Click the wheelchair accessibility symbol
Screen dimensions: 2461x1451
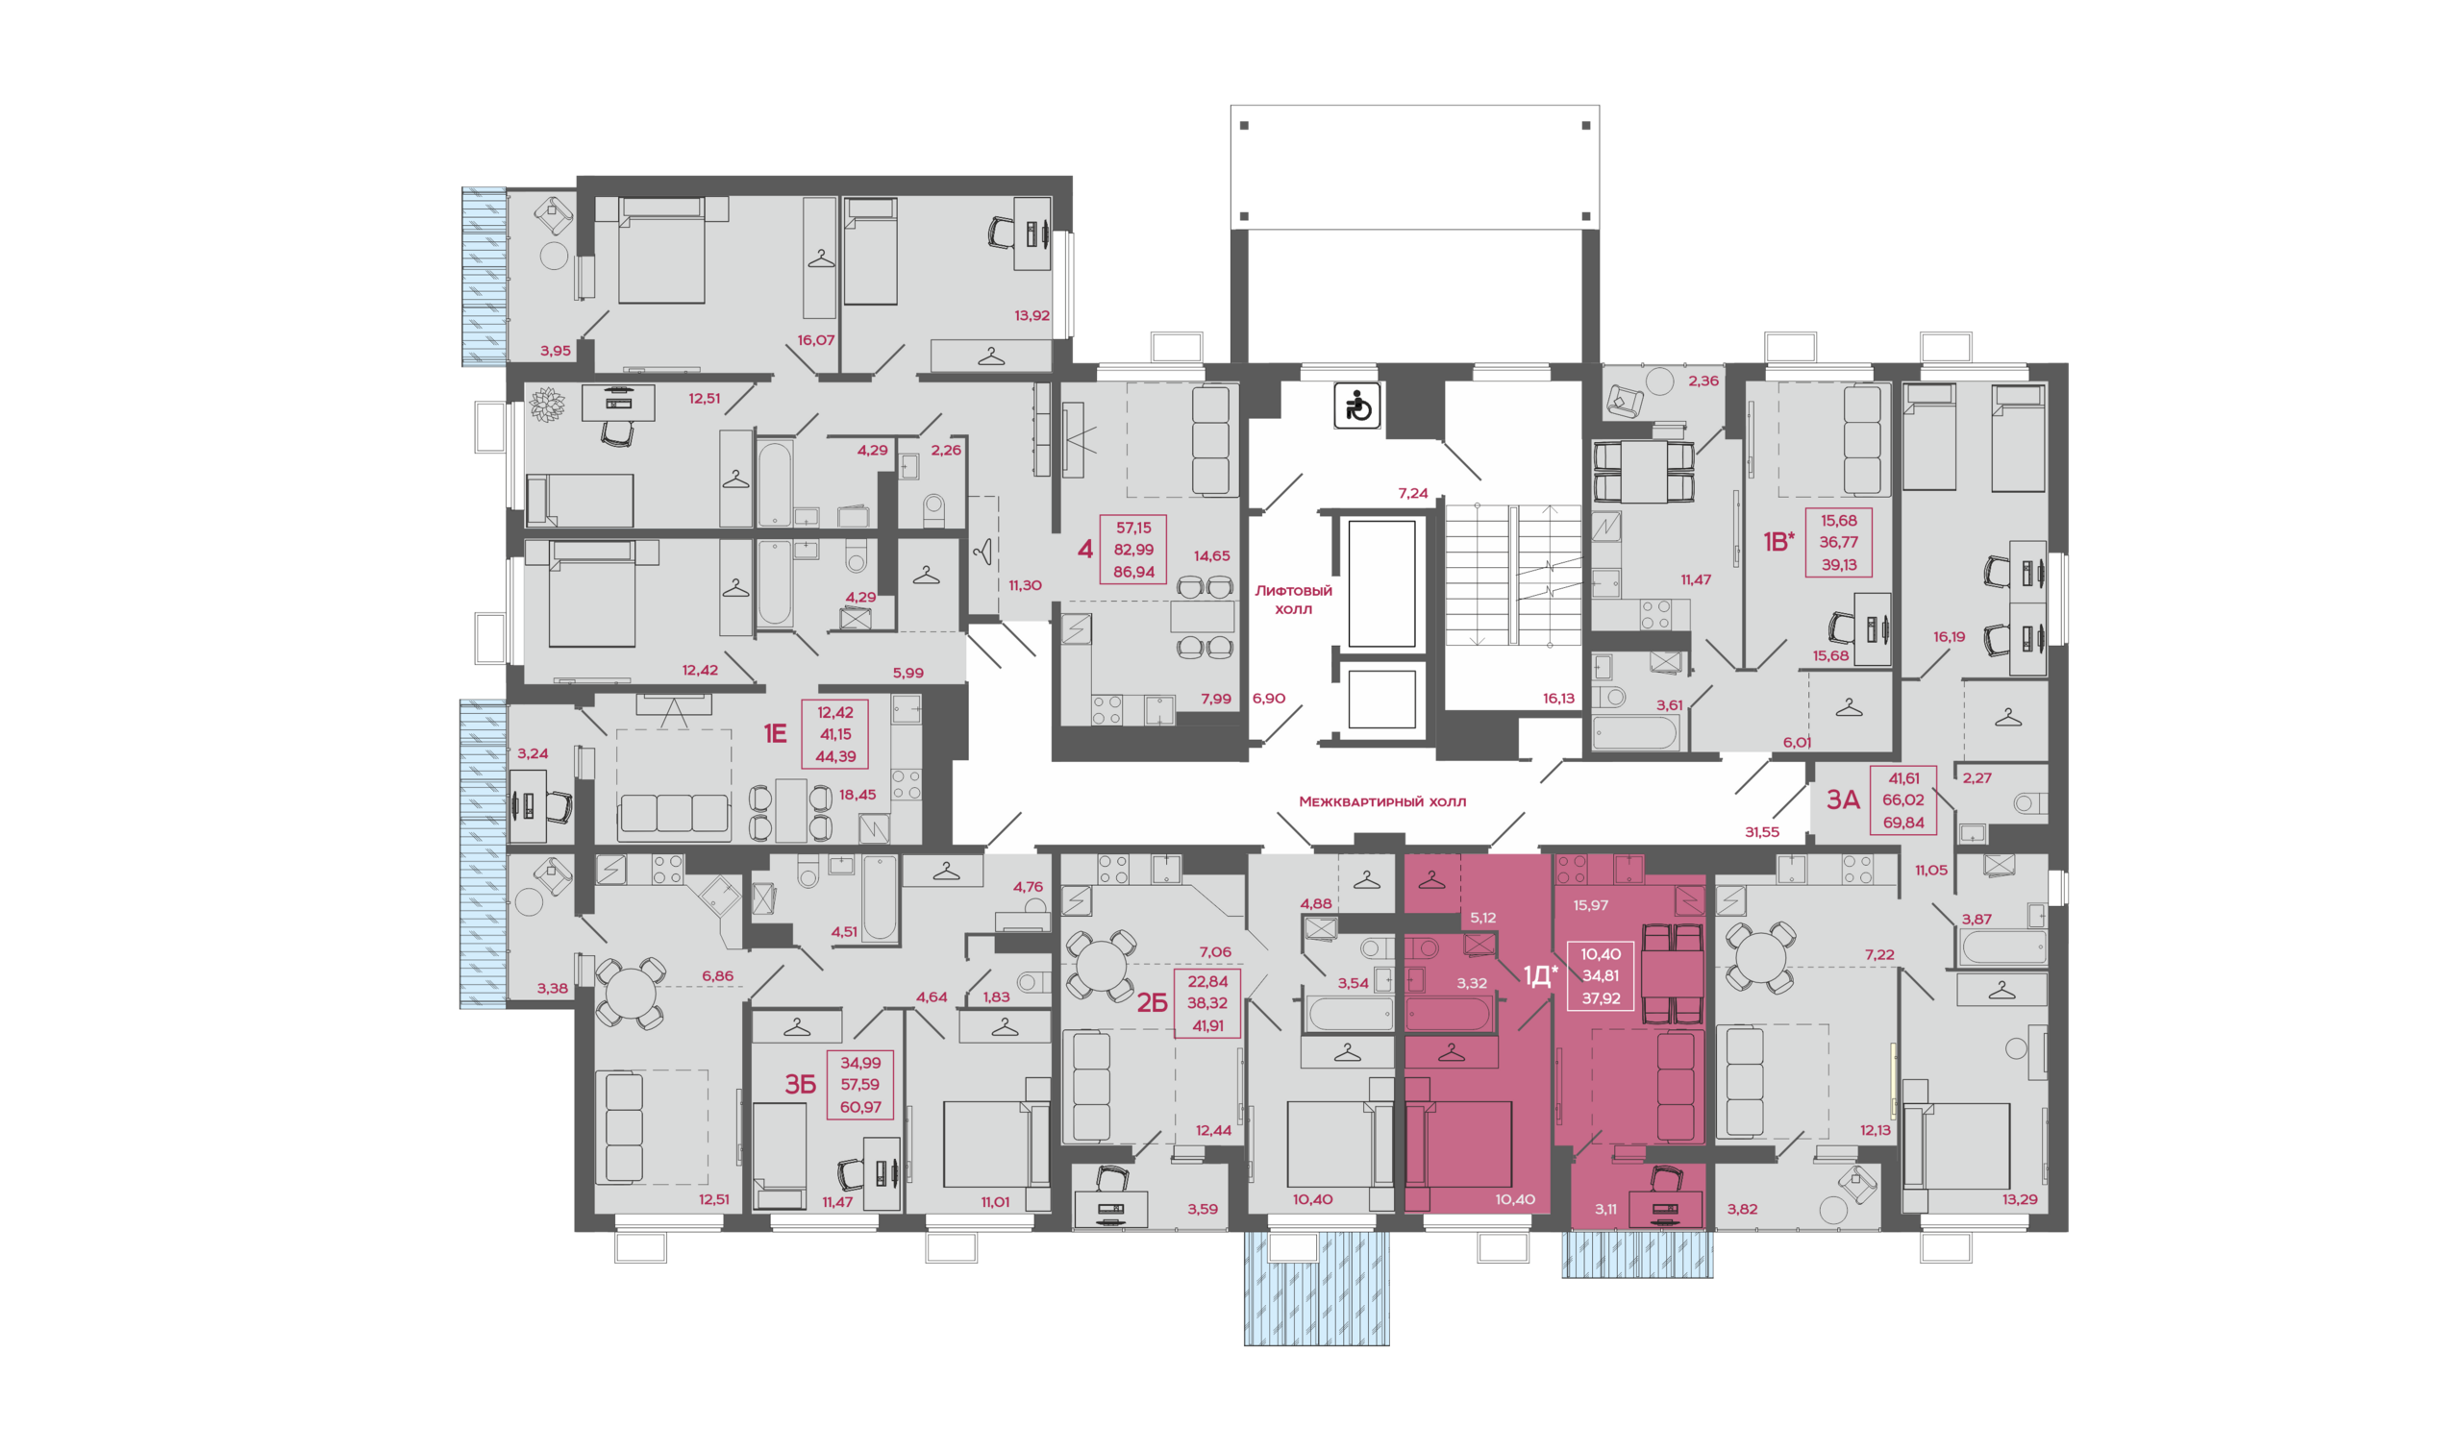point(1356,406)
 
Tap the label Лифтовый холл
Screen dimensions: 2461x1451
point(1293,600)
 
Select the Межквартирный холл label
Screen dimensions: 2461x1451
point(1382,801)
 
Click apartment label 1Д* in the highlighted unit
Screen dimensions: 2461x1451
point(1541,974)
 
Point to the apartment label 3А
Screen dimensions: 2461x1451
point(1844,799)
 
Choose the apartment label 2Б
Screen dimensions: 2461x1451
point(1153,1002)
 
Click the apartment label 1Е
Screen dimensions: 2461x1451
point(775,733)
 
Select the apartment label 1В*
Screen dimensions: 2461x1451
point(1778,542)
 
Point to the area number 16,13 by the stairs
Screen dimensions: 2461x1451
point(1559,699)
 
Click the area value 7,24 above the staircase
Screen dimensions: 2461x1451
point(1412,494)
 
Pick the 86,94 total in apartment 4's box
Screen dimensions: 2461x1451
point(1133,572)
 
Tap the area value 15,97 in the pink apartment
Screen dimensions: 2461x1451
point(1590,905)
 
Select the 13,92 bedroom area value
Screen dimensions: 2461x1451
point(1032,316)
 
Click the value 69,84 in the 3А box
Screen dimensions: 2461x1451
point(1903,823)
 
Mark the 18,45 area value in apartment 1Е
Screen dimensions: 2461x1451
point(858,795)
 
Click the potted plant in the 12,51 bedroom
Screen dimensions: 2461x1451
point(547,405)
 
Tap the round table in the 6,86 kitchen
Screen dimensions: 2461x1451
point(631,993)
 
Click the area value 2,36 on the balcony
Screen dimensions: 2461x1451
point(1703,381)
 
